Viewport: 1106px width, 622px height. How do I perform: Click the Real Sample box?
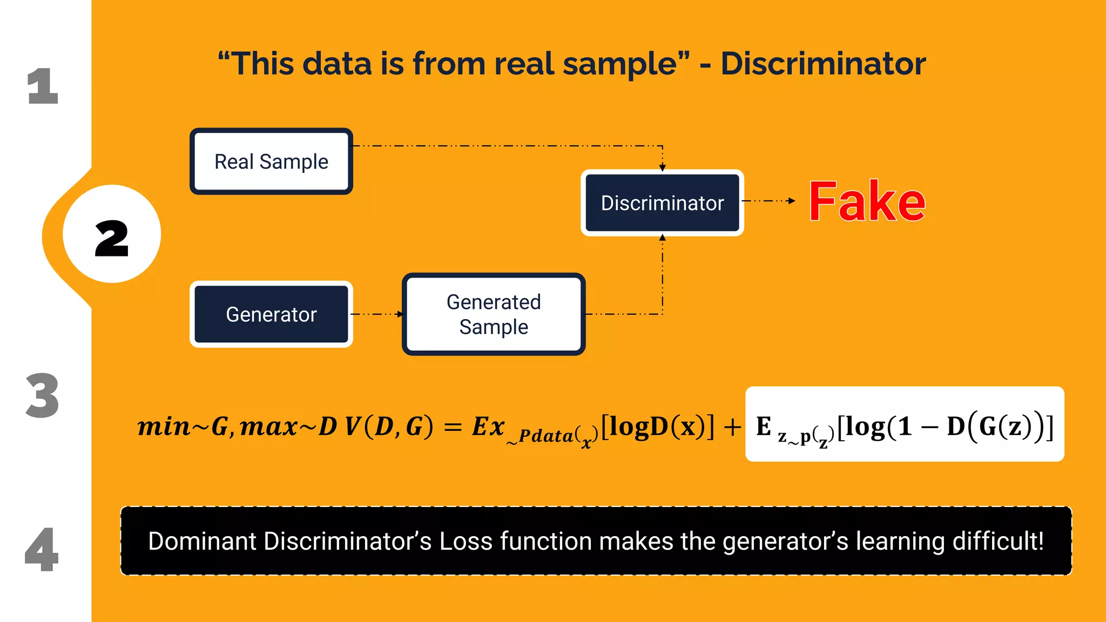coord(271,161)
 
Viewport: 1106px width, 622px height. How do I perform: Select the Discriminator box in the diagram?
coord(662,203)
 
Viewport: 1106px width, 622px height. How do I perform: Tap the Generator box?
coord(271,314)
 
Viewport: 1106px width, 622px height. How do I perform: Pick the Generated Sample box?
coord(494,314)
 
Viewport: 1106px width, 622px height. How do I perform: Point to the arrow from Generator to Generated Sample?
coord(378,314)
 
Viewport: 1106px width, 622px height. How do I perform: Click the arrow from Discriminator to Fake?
coord(769,201)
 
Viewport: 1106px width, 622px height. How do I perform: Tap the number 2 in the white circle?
coord(112,238)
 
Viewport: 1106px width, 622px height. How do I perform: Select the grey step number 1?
coord(43,86)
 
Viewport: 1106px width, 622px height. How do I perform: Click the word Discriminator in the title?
coord(823,64)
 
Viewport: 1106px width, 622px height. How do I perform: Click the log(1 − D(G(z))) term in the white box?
coord(945,427)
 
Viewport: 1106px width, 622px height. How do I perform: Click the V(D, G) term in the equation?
coord(389,427)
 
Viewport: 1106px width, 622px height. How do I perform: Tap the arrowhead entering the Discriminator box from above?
coord(663,168)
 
